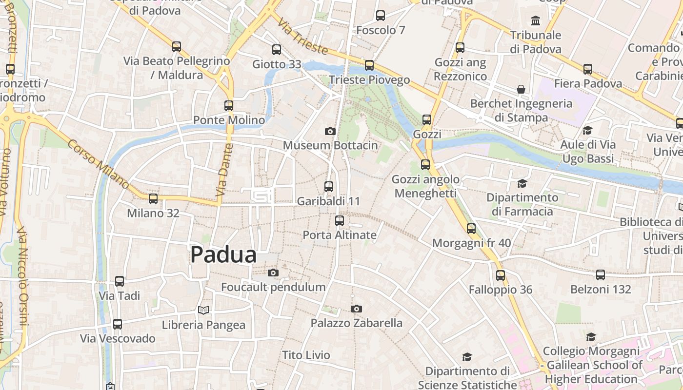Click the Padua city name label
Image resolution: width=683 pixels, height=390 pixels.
[223, 254]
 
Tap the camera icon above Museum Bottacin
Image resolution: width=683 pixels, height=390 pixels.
[330, 131]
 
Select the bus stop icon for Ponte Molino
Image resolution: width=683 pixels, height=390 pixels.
[229, 105]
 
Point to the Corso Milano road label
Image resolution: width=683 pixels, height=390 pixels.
[98, 165]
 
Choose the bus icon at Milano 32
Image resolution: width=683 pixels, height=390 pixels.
[153, 198]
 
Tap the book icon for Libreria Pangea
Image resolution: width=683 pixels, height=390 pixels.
[203, 310]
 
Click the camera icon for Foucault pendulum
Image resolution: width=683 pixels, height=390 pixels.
[273, 273]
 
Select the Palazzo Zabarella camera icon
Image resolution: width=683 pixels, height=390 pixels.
[357, 309]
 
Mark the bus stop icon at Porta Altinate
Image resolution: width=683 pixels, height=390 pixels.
[340, 220]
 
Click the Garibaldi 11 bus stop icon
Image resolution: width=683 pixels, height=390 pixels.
[329, 186]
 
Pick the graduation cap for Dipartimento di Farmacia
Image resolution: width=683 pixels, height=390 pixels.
[522, 183]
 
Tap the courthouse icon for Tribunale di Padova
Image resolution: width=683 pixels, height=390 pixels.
[536, 20]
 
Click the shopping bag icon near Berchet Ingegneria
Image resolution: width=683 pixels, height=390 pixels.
[521, 89]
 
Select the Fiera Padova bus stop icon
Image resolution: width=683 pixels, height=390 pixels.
[588, 69]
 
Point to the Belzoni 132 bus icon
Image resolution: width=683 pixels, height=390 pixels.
[601, 275]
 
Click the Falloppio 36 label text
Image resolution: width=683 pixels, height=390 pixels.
[501, 290]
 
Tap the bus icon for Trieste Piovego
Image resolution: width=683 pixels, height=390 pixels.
[369, 65]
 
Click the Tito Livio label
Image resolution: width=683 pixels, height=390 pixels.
[306, 355]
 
